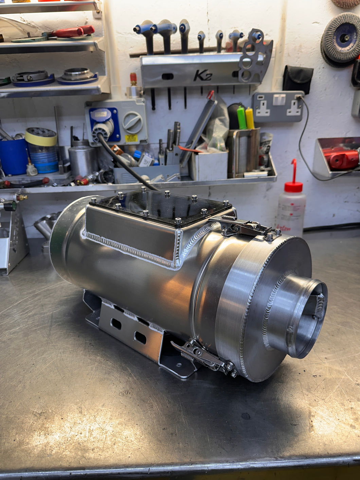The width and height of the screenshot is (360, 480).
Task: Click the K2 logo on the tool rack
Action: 203,75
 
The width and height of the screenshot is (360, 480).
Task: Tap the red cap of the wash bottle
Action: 293,186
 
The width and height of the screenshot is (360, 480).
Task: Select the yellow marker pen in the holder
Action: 250,118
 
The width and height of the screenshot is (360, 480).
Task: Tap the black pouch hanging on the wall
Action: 298,79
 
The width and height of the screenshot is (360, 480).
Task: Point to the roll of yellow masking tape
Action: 41,137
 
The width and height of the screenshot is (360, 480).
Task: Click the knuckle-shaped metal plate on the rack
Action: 255,57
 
